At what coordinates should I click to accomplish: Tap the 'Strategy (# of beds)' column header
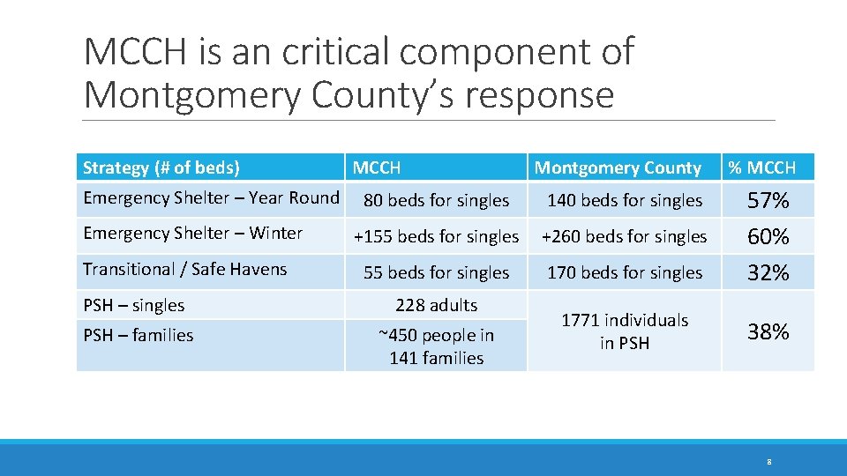point(161,167)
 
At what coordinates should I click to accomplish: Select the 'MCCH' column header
point(377,167)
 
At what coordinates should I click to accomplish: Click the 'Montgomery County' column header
point(618,167)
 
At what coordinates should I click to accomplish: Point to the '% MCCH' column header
point(761,167)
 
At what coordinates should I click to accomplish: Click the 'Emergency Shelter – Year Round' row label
point(211,198)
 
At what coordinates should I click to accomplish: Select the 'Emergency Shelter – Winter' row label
point(193,234)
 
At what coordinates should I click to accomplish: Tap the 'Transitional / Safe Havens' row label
point(185,270)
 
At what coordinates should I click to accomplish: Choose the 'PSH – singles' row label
point(134,306)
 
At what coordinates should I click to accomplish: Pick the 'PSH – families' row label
point(139,335)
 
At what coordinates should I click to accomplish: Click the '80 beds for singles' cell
point(436,201)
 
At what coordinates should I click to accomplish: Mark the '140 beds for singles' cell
point(625,201)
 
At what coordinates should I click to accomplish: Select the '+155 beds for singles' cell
point(436,237)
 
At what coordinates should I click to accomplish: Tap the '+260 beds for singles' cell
point(624,237)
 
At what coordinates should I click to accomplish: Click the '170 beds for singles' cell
point(625,273)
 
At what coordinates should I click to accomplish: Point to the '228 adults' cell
point(436,306)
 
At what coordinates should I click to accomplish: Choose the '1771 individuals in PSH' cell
point(625,331)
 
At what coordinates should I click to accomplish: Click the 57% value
point(768,202)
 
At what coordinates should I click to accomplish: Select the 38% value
point(768,332)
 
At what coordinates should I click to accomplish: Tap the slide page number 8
point(769,461)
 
